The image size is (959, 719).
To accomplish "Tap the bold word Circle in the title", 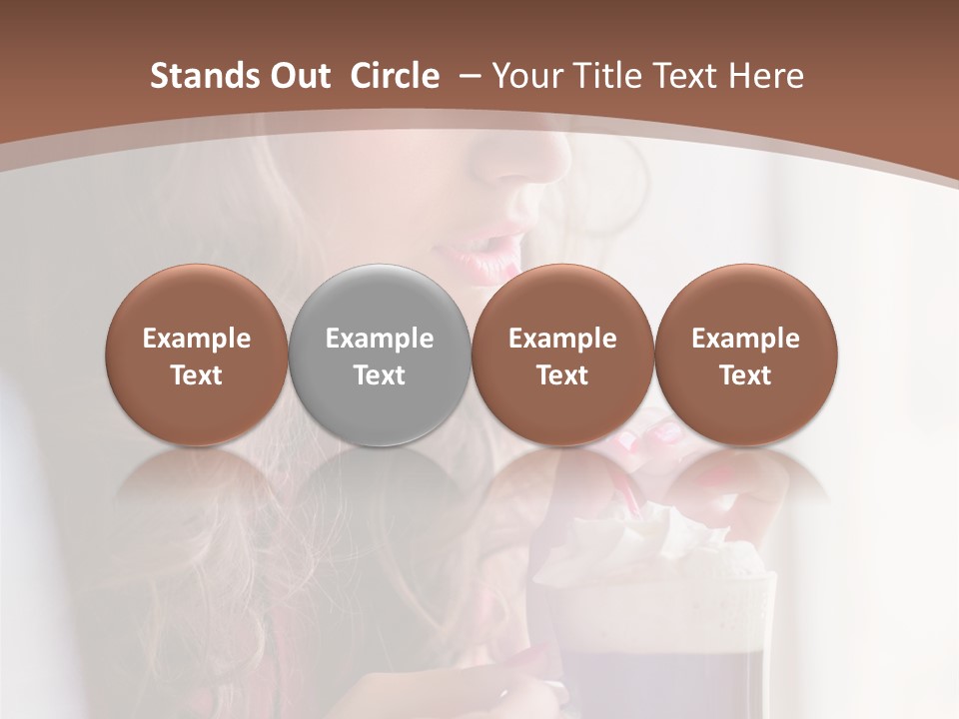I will click(x=395, y=76).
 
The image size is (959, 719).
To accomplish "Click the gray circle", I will click(x=379, y=355).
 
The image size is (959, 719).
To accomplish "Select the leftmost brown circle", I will click(x=196, y=355).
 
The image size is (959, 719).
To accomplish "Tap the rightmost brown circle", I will click(x=745, y=355).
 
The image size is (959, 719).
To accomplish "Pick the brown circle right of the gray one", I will click(x=562, y=355).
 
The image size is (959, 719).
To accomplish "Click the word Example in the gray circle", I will click(x=380, y=339).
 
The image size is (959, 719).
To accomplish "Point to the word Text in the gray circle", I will click(x=380, y=375).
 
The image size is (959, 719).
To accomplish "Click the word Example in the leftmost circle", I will click(x=197, y=339).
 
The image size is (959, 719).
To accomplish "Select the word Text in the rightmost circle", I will click(x=745, y=375).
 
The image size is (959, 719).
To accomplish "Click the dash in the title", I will click(x=468, y=76).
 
